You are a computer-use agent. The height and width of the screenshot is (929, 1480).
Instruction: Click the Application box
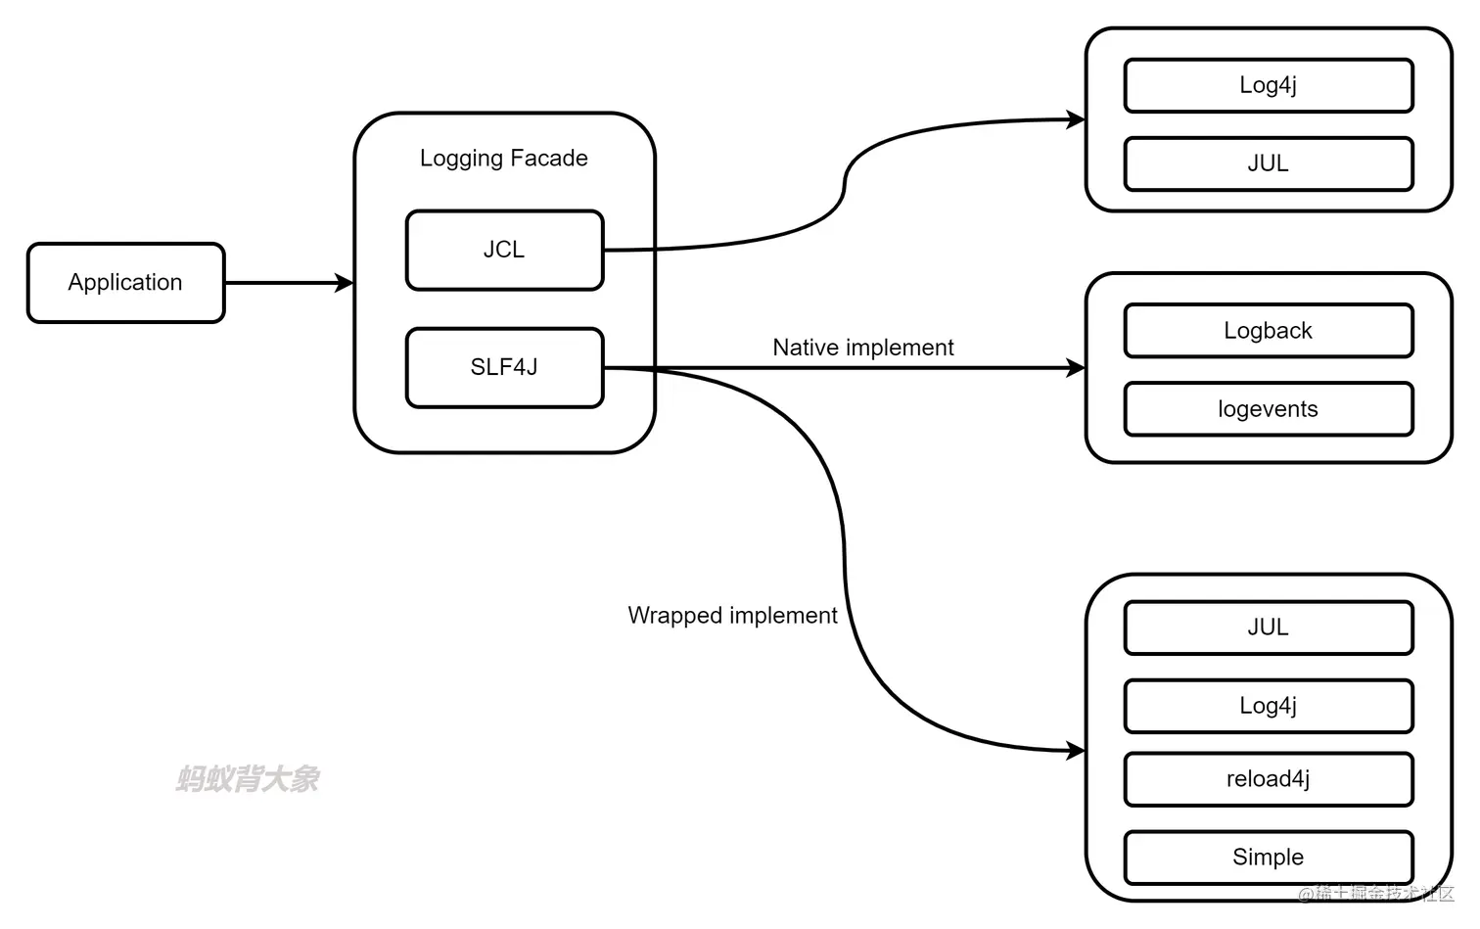point(125,283)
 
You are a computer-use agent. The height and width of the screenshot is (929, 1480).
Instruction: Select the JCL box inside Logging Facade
point(504,251)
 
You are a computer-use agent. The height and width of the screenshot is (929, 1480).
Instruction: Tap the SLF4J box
point(504,368)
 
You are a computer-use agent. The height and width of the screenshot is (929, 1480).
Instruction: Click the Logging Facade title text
point(504,159)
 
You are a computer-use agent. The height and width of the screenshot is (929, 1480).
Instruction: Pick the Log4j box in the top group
point(1269,86)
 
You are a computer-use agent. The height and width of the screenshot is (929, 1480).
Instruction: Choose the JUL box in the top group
point(1269,164)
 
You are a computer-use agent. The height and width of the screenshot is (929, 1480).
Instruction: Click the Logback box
point(1269,331)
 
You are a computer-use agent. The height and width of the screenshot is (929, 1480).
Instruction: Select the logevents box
point(1269,409)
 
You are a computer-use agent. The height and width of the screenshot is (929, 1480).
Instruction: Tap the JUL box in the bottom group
point(1269,627)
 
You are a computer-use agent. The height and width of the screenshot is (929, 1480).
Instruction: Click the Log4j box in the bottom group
point(1269,706)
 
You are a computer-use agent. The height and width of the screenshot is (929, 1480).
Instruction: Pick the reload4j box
point(1269,779)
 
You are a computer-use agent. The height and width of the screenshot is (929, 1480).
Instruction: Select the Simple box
point(1269,858)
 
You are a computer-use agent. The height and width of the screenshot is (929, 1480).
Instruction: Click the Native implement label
point(862,348)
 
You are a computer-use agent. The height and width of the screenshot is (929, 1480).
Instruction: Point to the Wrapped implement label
point(732,616)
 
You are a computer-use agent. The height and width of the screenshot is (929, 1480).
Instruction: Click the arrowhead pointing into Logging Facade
point(345,283)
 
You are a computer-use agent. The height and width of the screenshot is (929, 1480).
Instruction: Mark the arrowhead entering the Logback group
point(1076,368)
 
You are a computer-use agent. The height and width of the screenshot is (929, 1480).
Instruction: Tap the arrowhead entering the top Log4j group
point(1076,119)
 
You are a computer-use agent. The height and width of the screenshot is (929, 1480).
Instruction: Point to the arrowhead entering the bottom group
point(1076,751)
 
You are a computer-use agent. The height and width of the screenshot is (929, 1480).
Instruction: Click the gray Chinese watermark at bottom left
point(248,779)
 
